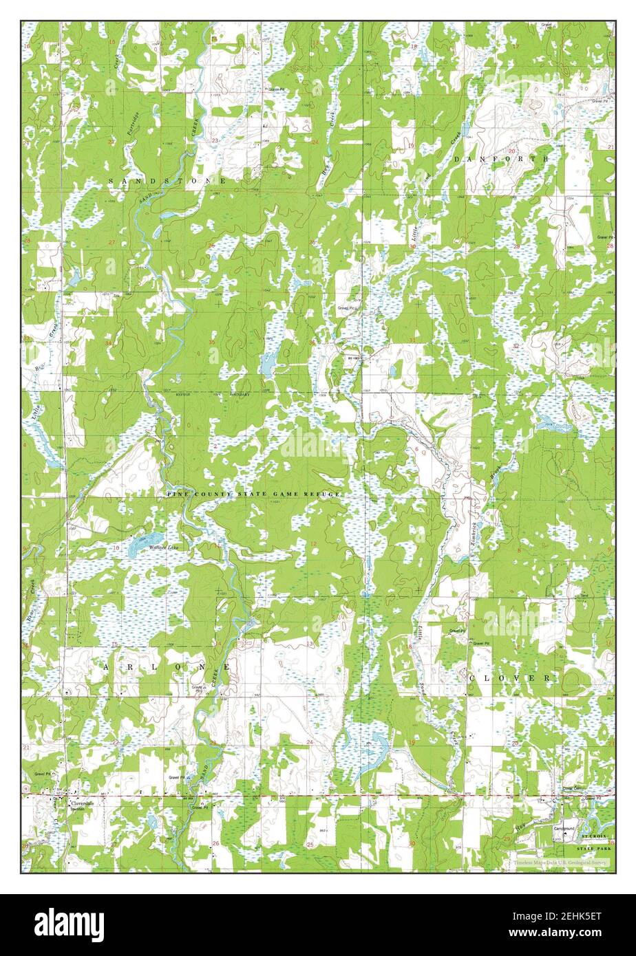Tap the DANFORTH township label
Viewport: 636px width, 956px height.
point(501,159)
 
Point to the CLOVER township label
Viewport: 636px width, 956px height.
point(510,678)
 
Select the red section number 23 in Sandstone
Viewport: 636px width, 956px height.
point(215,140)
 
